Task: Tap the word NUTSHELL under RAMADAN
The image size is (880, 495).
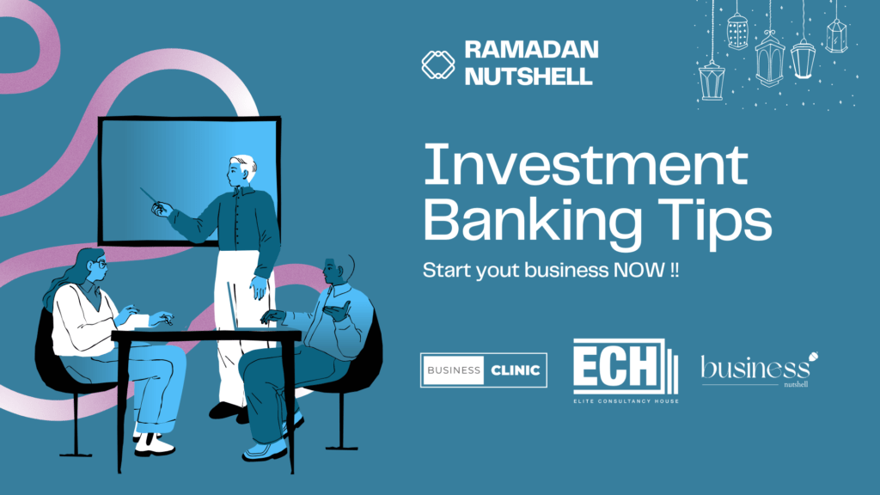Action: pyautogui.click(x=529, y=76)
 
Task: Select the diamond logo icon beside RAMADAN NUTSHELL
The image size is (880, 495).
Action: pyautogui.click(x=438, y=64)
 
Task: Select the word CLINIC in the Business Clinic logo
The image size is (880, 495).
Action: pyautogui.click(x=516, y=370)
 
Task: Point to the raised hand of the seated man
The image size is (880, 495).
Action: pyautogui.click(x=337, y=308)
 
